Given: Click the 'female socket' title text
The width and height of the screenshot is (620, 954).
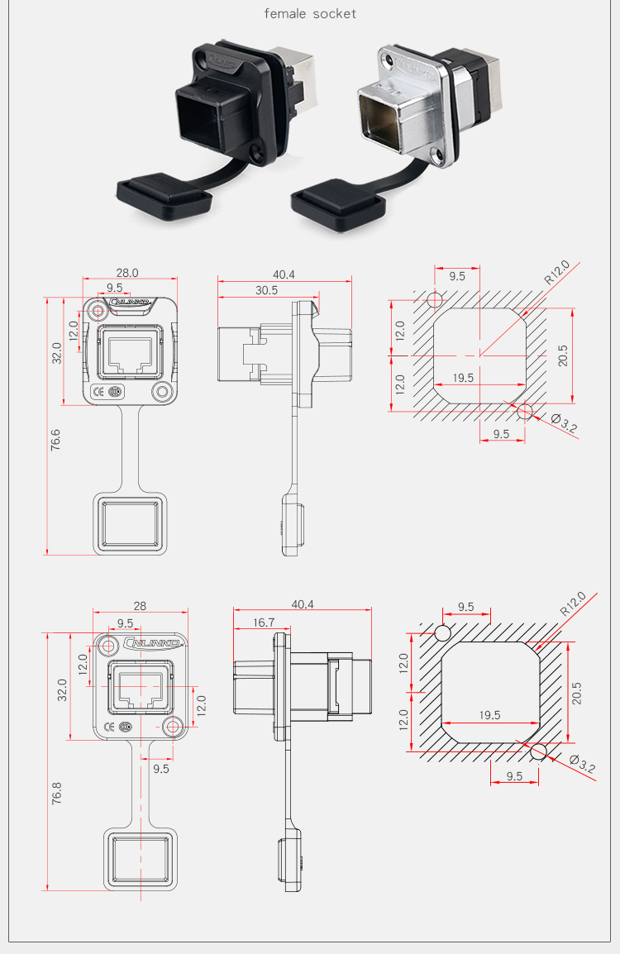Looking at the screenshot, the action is [x=310, y=13].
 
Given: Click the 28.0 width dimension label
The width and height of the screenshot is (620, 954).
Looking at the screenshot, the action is [x=127, y=273].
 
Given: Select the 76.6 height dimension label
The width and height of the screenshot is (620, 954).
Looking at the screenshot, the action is [x=55, y=439].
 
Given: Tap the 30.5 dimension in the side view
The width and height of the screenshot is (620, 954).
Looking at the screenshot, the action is [x=266, y=290].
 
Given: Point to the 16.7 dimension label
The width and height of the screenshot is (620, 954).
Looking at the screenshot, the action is [x=264, y=622].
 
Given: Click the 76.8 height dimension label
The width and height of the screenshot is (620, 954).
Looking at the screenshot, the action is [x=56, y=794].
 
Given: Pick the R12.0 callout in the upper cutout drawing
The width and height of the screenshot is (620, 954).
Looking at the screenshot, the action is [x=556, y=272].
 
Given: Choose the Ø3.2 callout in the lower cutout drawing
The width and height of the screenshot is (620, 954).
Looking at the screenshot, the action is [x=582, y=764].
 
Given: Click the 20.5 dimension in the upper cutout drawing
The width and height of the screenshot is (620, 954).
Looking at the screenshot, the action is [x=563, y=355].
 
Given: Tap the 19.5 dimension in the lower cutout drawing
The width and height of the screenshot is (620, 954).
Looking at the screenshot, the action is [x=489, y=715].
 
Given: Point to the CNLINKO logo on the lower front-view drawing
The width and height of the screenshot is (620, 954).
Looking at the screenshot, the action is [x=151, y=642].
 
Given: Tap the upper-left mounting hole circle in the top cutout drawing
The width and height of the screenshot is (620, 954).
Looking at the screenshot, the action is [x=435, y=298].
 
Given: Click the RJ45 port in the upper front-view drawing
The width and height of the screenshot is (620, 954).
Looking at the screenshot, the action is [x=130, y=355].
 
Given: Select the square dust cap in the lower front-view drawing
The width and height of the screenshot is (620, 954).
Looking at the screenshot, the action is [x=141, y=860].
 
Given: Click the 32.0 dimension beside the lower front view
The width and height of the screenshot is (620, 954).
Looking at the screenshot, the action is [x=62, y=690].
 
